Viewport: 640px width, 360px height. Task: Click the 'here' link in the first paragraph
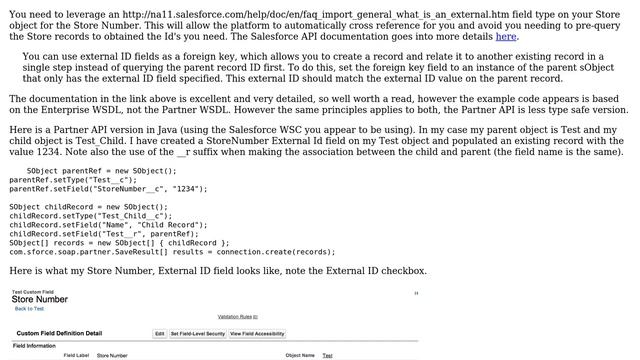click(506, 37)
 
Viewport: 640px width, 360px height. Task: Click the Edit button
click(159, 333)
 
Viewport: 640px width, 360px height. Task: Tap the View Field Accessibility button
click(257, 333)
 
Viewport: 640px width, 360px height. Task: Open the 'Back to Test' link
click(29, 309)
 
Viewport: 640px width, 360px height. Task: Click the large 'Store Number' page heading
click(40, 299)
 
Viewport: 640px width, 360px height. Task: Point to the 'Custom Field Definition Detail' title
click(59, 333)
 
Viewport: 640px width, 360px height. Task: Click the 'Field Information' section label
click(34, 346)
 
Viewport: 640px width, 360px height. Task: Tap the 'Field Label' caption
click(76, 355)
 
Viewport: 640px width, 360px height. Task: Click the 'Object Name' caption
click(300, 355)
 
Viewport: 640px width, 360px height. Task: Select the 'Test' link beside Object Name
click(327, 355)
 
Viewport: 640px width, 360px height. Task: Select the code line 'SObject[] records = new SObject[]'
click(119, 243)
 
